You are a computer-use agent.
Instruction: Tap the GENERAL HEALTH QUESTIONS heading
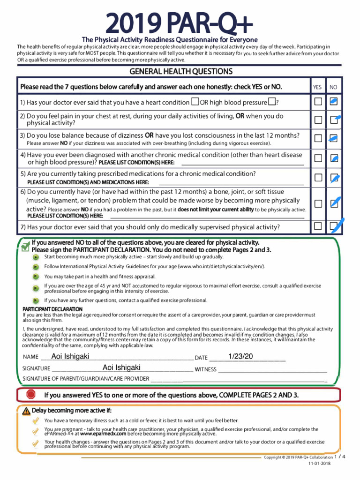point(180,72)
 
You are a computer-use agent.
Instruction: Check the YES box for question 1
point(318,102)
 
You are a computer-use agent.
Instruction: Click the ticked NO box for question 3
point(334,138)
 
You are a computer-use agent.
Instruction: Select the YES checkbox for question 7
point(318,226)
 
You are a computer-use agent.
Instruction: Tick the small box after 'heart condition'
point(195,102)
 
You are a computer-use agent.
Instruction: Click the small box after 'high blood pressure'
point(271,102)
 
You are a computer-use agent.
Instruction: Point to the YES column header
point(317,87)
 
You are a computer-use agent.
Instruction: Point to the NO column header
point(334,87)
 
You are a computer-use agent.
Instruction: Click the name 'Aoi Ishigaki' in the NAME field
point(70,357)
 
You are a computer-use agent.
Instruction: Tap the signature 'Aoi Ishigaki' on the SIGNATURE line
point(121,368)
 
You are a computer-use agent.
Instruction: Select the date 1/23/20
point(240,357)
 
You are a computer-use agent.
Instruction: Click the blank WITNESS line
point(272,369)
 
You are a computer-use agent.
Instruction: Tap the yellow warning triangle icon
point(26,411)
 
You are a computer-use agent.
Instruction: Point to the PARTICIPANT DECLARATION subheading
point(52,309)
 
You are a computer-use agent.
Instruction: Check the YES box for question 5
point(318,178)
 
